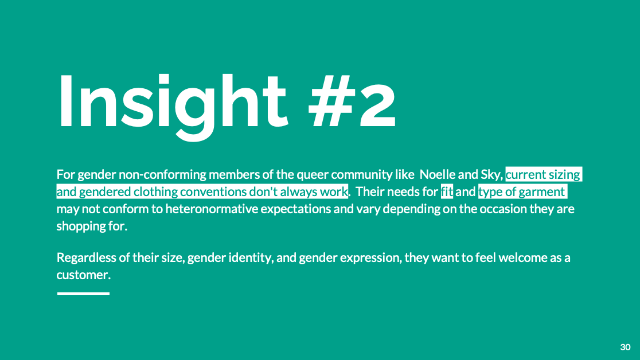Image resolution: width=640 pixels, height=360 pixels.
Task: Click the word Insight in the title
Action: click(173, 107)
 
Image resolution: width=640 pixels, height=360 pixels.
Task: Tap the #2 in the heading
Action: click(352, 101)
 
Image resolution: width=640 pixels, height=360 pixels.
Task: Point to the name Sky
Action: click(491, 175)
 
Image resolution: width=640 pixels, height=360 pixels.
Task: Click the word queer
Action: click(312, 175)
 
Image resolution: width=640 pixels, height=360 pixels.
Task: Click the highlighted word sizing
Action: click(564, 175)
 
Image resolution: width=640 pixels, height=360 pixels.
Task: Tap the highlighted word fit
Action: click(447, 191)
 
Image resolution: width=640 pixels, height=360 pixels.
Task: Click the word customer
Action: click(83, 275)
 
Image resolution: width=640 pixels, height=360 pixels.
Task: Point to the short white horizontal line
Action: click(83, 294)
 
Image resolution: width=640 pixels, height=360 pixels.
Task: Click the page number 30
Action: click(625, 347)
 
